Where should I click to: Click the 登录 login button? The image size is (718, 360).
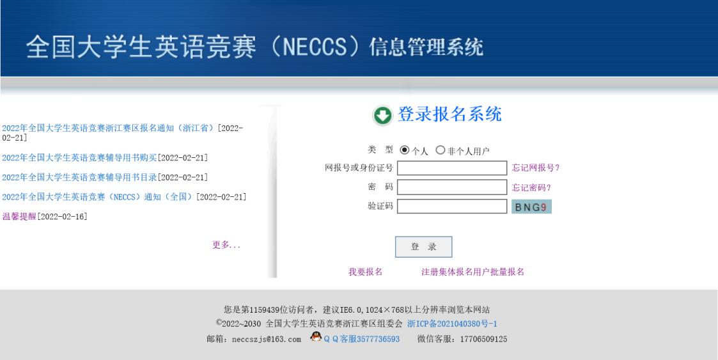click(423, 247)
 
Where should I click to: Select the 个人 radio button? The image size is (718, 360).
click(404, 150)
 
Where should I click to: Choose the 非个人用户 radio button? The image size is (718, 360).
click(440, 150)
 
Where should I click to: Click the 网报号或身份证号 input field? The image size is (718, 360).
click(452, 168)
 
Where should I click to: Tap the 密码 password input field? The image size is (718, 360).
click(452, 187)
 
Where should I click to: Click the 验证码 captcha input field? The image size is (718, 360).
click(452, 207)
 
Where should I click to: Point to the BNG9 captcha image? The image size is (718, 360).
click(531, 207)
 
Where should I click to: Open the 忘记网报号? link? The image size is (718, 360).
click(536, 168)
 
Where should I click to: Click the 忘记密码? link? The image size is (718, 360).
click(532, 188)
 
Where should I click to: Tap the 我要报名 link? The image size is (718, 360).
click(366, 272)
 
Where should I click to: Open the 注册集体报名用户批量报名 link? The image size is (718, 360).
click(472, 272)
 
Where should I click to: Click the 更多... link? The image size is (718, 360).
click(226, 245)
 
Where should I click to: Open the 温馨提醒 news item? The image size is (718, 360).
click(19, 217)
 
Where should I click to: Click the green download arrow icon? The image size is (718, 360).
click(382, 116)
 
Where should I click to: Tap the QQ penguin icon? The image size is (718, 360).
click(316, 336)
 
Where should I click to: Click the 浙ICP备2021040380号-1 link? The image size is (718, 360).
click(453, 324)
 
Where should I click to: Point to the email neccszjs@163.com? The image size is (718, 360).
click(267, 340)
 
